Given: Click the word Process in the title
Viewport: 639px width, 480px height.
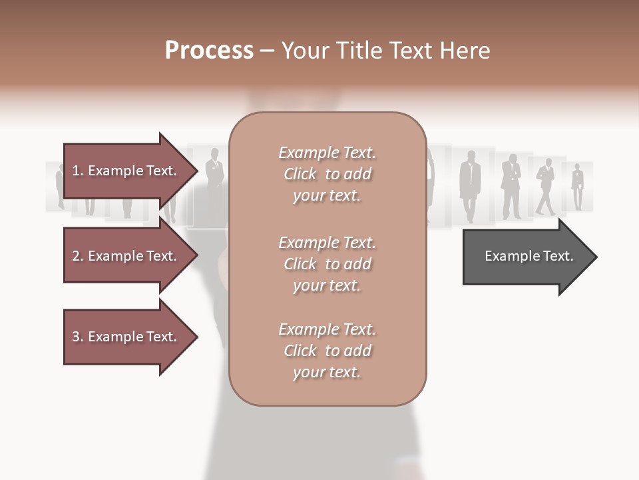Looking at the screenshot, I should [209, 51].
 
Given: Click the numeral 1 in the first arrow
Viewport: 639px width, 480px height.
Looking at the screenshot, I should [75, 171].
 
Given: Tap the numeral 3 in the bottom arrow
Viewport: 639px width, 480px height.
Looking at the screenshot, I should [75, 337].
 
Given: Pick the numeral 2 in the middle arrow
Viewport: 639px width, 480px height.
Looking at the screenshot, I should [75, 256].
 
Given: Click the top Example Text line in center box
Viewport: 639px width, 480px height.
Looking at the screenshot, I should [327, 153].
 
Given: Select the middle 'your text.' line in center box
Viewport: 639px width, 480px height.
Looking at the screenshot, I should [327, 285].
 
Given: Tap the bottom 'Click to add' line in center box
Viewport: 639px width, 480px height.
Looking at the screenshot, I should [327, 351].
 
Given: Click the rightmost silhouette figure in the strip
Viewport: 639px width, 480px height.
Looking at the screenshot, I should [577, 187].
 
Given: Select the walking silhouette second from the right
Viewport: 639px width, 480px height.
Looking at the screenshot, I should [545, 187].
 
